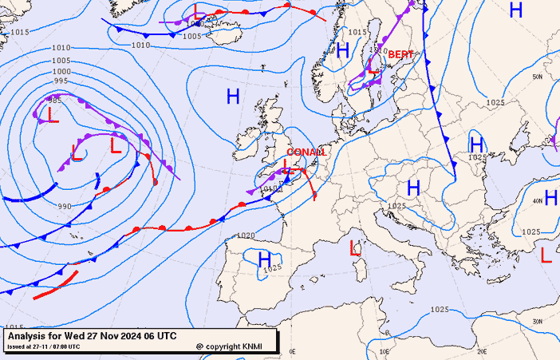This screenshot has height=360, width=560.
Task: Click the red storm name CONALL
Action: pos(306,152)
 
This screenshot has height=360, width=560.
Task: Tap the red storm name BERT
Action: pos(400,54)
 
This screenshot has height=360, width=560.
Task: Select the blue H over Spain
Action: pos(265,258)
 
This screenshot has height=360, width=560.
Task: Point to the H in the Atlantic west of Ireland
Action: pos(233,97)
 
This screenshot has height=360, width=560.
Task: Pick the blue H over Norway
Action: pos(343,50)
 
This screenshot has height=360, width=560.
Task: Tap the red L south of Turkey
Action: pos(546,255)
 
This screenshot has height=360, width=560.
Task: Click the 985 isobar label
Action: pos(55,101)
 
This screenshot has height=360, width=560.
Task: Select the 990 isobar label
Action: pos(65,207)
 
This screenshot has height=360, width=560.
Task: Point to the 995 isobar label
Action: pos(61,81)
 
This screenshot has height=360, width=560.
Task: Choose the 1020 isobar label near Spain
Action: pos(246,235)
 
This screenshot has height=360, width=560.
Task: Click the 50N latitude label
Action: pos(538,77)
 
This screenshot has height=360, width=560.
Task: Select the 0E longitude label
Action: pos(292,351)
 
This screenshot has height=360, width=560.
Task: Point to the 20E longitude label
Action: pos(481,351)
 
